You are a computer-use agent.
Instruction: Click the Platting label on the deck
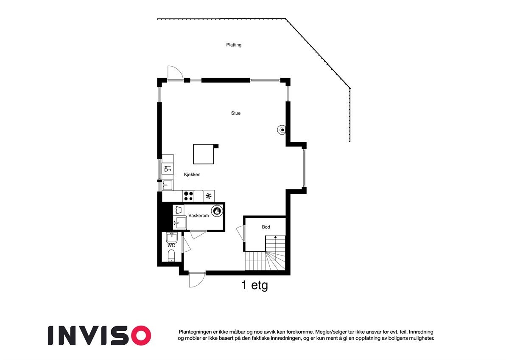click(234, 45)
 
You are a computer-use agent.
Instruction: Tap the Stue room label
click(236, 113)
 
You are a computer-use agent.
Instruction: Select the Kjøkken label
click(192, 175)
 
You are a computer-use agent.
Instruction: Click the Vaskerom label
click(199, 216)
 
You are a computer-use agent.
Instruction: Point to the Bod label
click(266, 227)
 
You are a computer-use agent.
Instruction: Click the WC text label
click(171, 245)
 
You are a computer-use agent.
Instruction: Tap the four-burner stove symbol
click(188, 196)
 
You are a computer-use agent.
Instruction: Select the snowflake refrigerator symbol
click(209, 196)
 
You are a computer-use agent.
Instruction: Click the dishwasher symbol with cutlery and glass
click(168, 169)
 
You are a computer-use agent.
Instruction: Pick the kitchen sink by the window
click(168, 185)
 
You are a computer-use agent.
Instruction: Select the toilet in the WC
click(171, 256)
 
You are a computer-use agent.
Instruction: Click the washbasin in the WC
click(171, 238)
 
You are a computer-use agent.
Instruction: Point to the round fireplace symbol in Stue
click(282, 130)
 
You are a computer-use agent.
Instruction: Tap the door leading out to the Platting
click(174, 73)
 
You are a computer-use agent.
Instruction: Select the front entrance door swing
click(196, 280)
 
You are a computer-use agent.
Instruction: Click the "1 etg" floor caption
click(255, 285)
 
